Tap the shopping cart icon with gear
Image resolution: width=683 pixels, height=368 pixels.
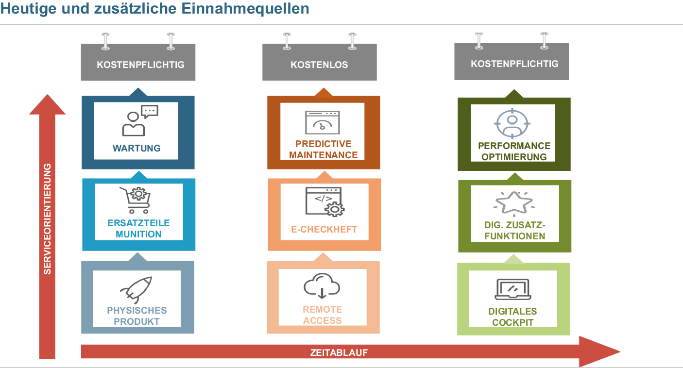click(135, 200)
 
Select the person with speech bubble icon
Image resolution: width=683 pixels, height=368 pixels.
click(140, 121)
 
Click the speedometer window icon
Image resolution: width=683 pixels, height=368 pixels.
click(322, 123)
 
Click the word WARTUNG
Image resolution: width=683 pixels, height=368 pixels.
click(137, 148)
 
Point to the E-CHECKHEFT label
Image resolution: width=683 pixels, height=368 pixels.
click(324, 229)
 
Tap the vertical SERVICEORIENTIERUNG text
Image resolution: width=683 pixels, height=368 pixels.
click(47, 219)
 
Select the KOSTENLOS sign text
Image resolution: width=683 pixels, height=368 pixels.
click(319, 65)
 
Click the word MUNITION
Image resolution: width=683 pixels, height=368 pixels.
click(138, 234)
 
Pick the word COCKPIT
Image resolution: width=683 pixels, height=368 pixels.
click(512, 322)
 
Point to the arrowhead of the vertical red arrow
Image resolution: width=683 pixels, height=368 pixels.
click(47, 105)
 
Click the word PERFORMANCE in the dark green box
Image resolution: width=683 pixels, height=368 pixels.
click(514, 146)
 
